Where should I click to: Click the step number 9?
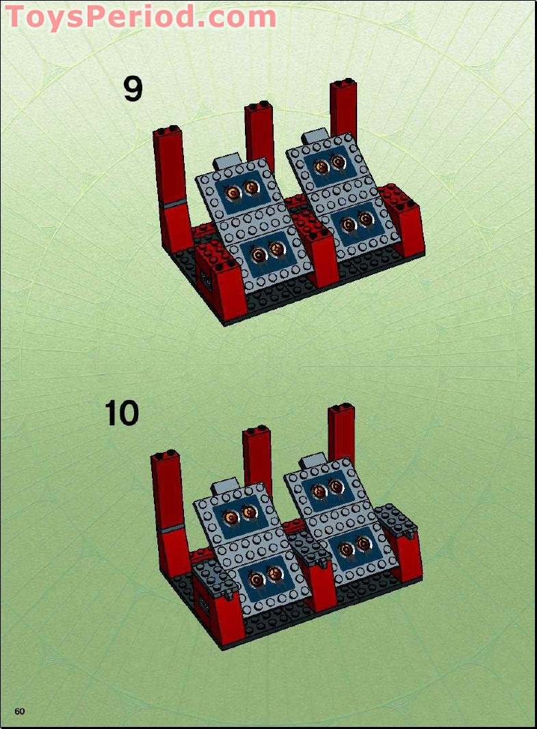(133, 89)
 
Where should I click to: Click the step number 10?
(122, 414)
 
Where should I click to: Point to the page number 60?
(20, 711)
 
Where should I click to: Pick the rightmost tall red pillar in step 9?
(343, 109)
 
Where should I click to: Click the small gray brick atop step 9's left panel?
(228, 161)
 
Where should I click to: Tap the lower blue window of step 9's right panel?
(356, 222)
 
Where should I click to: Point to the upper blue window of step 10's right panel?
(326, 488)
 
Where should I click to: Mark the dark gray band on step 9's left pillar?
(174, 203)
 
